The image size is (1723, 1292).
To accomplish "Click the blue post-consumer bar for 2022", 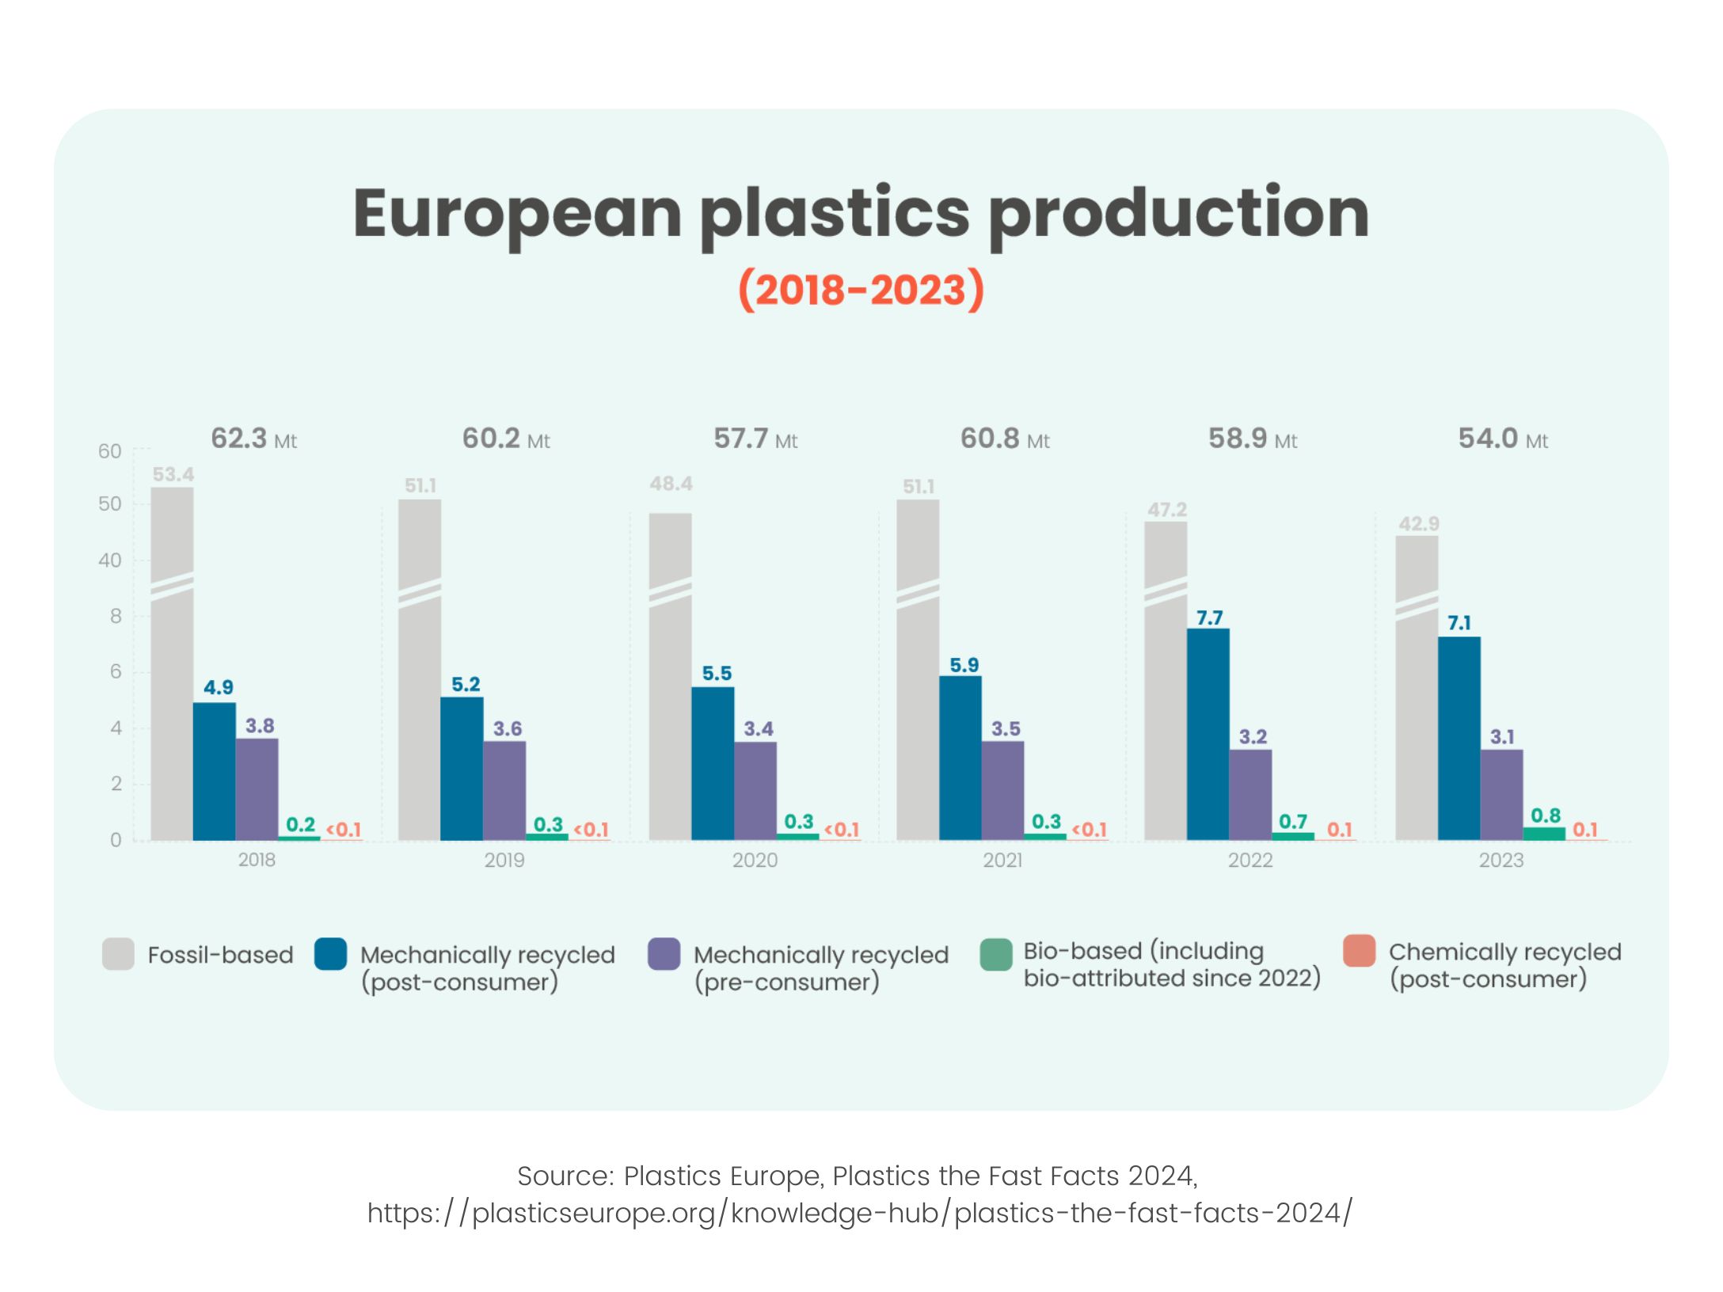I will tap(1208, 734).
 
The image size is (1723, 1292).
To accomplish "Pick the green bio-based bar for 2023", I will tap(1544, 833).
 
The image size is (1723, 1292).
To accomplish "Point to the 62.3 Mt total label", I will tap(253, 439).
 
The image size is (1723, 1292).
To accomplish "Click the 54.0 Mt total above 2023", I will tap(1502, 439).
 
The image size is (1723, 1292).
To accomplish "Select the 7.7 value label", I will tap(1209, 617).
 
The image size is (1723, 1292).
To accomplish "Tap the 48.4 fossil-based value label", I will tap(671, 484).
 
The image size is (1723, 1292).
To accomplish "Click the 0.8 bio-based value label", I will tap(1545, 815).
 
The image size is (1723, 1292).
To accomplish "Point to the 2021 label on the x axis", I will tap(1002, 861).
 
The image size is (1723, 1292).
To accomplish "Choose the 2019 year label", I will tap(504, 861).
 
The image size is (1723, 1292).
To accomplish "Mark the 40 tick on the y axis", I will tap(110, 560).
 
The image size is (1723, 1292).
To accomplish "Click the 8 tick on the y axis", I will tap(116, 616).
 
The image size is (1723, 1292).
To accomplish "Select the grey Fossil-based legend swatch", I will tap(118, 954).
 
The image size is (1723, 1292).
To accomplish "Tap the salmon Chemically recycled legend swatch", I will tap(1359, 951).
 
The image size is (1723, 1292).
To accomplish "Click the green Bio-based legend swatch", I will tap(995, 954).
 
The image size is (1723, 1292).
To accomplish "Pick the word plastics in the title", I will tap(835, 214).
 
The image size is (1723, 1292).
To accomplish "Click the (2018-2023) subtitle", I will tap(861, 290).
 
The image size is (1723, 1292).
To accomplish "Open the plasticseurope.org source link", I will tap(860, 1213).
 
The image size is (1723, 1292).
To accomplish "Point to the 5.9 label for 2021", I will tap(964, 665).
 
